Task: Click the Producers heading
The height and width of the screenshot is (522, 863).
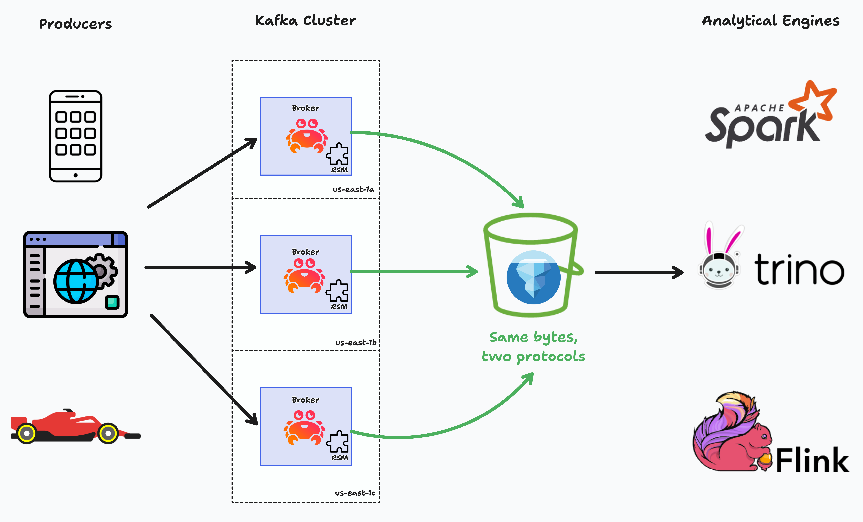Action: coord(75,24)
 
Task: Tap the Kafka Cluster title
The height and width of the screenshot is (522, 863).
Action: coord(305,21)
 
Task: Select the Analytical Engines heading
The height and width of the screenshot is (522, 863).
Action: coord(771,21)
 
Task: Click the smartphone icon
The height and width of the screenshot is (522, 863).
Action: coord(76,136)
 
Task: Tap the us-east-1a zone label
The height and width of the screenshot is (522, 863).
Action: coord(353,190)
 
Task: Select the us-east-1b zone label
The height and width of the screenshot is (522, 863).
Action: coord(355,343)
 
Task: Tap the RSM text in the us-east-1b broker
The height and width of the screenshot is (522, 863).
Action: coord(339,307)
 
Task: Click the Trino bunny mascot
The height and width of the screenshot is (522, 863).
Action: coord(720,261)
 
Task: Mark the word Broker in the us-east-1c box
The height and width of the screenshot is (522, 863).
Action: coord(305,400)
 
